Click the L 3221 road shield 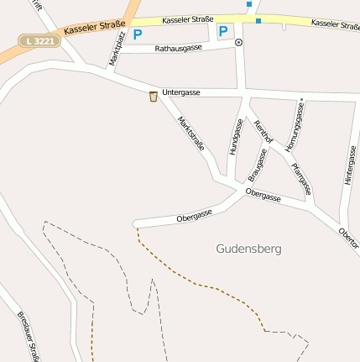point(39,40)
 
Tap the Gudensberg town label point(248,249)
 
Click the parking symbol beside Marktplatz point(138,35)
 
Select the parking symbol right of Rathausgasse point(223,32)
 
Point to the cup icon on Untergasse point(153,97)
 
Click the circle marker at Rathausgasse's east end point(239,41)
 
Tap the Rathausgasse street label point(178,49)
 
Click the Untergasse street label point(182,91)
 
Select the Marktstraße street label point(191,134)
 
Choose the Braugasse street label point(258,165)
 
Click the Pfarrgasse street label point(301,178)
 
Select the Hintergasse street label point(349,165)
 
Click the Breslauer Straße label point(29,337)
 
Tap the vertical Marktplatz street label point(114,50)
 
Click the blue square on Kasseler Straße point(258,19)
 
